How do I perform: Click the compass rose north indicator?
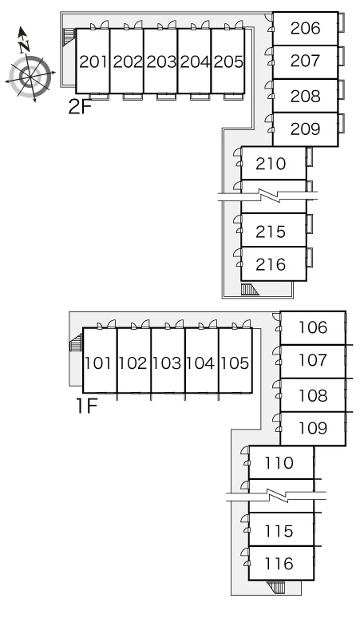pyautogui.click(x=24, y=40)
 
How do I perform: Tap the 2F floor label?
pyautogui.click(x=80, y=106)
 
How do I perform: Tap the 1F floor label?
pyautogui.click(x=87, y=406)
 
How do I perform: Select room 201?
pyautogui.click(x=93, y=61)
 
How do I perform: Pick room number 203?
pyautogui.click(x=160, y=61)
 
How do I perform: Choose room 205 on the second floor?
pyautogui.click(x=228, y=61)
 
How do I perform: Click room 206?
pyautogui.click(x=305, y=29)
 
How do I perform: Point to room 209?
pyautogui.click(x=305, y=129)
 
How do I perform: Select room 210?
pyautogui.click(x=273, y=163)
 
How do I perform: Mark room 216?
pyautogui.click(x=273, y=264)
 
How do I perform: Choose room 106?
pyautogui.click(x=313, y=328)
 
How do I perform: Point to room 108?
pyautogui.click(x=313, y=395)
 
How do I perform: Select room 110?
pyautogui.click(x=281, y=463)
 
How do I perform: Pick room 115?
pyautogui.click(x=281, y=529)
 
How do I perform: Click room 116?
pyautogui.click(x=281, y=564)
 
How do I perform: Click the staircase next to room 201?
pyautogui.click(x=69, y=37)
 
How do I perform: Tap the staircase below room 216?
pyautogui.click(x=250, y=289)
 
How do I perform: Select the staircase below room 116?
pyautogui.click(x=275, y=587)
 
